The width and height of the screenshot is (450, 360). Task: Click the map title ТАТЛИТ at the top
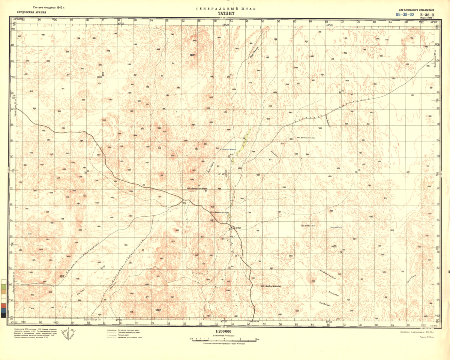225,13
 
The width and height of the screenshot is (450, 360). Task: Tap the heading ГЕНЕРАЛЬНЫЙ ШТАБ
225,8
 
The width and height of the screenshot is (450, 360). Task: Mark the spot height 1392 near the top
193,55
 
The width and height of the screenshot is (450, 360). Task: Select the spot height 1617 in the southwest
62,276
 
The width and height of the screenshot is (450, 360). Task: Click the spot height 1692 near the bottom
157,310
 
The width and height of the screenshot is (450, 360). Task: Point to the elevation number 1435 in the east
334,246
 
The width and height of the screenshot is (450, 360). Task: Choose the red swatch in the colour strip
3,306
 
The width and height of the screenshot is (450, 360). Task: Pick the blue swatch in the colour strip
3,310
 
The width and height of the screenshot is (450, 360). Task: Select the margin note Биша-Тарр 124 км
93,320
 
